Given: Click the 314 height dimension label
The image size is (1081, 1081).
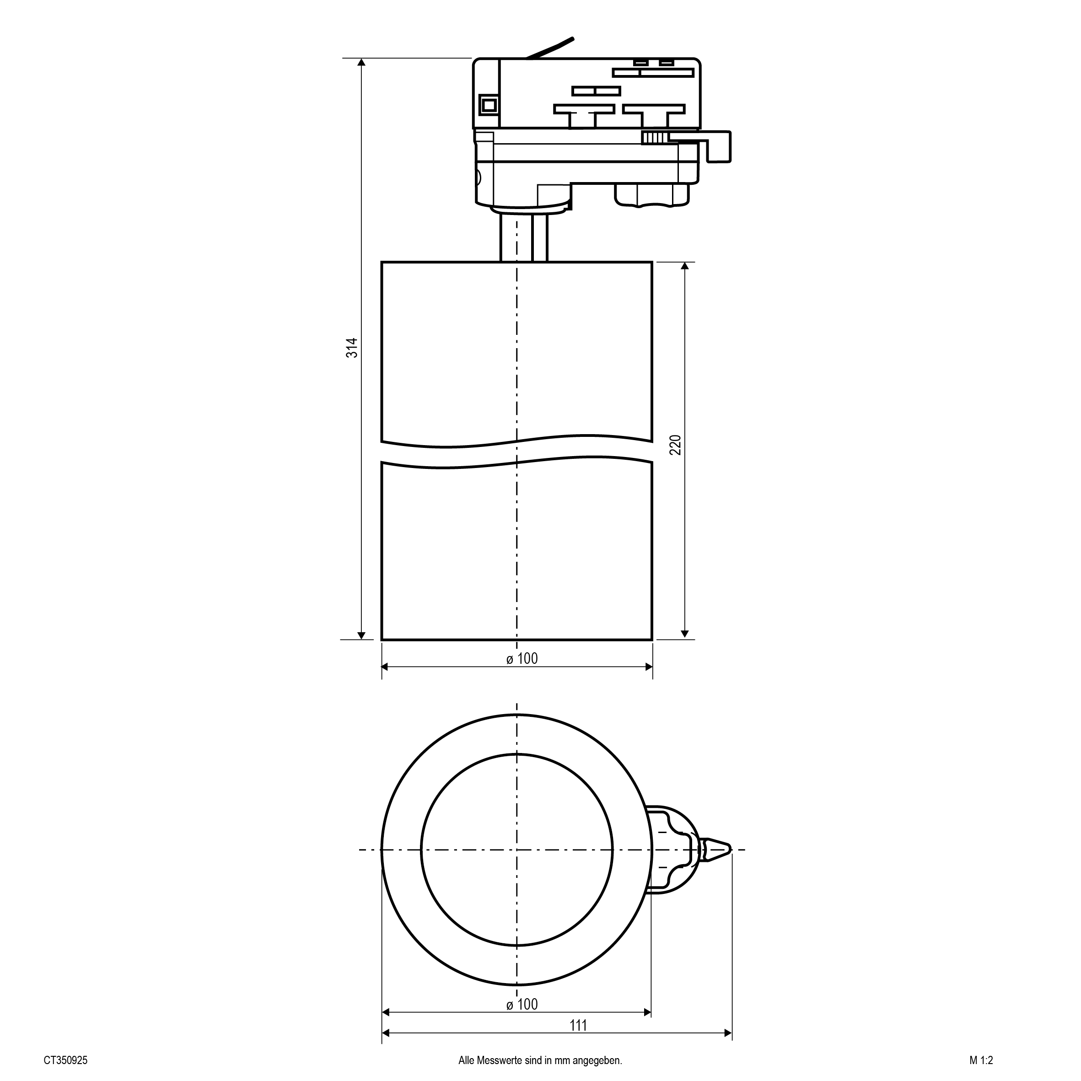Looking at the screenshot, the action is pyautogui.click(x=351, y=348).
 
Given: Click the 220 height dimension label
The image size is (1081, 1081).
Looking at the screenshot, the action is pyautogui.click(x=675, y=445).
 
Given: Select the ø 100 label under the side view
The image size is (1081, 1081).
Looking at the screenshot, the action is pyautogui.click(x=522, y=659).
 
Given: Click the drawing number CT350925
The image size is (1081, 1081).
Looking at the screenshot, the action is pyautogui.click(x=65, y=1060).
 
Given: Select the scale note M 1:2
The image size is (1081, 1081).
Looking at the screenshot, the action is pyautogui.click(x=981, y=1060).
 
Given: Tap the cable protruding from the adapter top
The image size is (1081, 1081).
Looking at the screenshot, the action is pyautogui.click(x=550, y=48).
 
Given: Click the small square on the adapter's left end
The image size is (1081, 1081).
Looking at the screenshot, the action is pyautogui.click(x=489, y=104).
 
